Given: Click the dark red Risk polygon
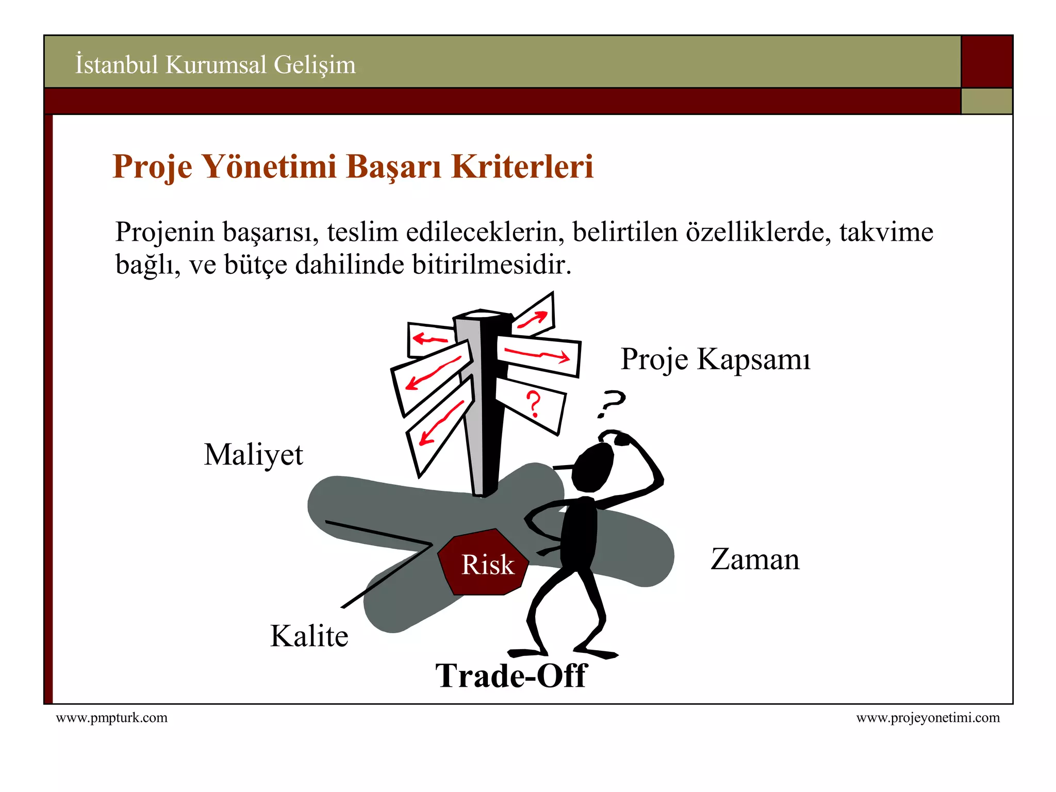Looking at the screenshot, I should [x=484, y=563].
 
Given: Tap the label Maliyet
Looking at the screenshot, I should [x=253, y=455].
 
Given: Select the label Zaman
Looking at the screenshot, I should [x=755, y=559].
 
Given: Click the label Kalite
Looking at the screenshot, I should [x=309, y=636].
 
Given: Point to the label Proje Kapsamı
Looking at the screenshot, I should [x=715, y=359].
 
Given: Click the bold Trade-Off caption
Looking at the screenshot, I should [x=511, y=675].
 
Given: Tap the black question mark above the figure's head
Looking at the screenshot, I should [x=611, y=403].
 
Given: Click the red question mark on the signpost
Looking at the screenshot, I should [x=534, y=404].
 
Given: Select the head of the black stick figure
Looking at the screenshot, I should [x=593, y=467].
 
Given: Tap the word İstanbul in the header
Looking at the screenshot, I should [x=117, y=65].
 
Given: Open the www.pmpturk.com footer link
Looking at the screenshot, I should [x=111, y=718].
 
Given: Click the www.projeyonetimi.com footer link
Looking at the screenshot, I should [x=928, y=718].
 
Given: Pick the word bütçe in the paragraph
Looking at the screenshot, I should [x=255, y=265].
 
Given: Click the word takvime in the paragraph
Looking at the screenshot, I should [x=886, y=232].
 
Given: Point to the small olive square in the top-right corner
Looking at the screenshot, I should [x=986, y=101].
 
